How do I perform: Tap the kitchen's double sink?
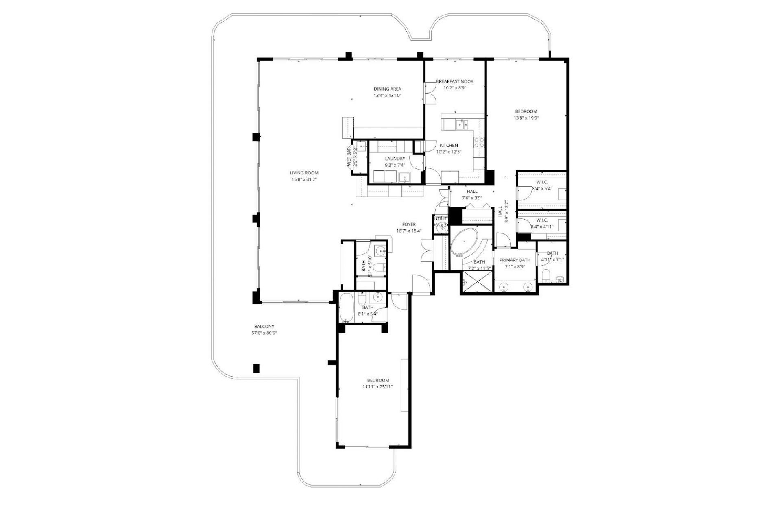click(462, 124)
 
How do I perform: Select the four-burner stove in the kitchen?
click(479, 142)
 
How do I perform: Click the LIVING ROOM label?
click(304, 173)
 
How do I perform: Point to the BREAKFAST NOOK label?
click(455, 81)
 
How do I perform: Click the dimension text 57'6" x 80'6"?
click(264, 333)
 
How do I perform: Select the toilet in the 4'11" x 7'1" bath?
click(547, 275)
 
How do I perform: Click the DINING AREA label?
click(388, 89)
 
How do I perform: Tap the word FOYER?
click(409, 224)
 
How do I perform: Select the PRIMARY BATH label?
click(515, 260)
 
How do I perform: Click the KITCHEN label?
click(449, 146)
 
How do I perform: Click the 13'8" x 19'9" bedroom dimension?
click(526, 118)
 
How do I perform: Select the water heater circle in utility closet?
click(441, 229)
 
